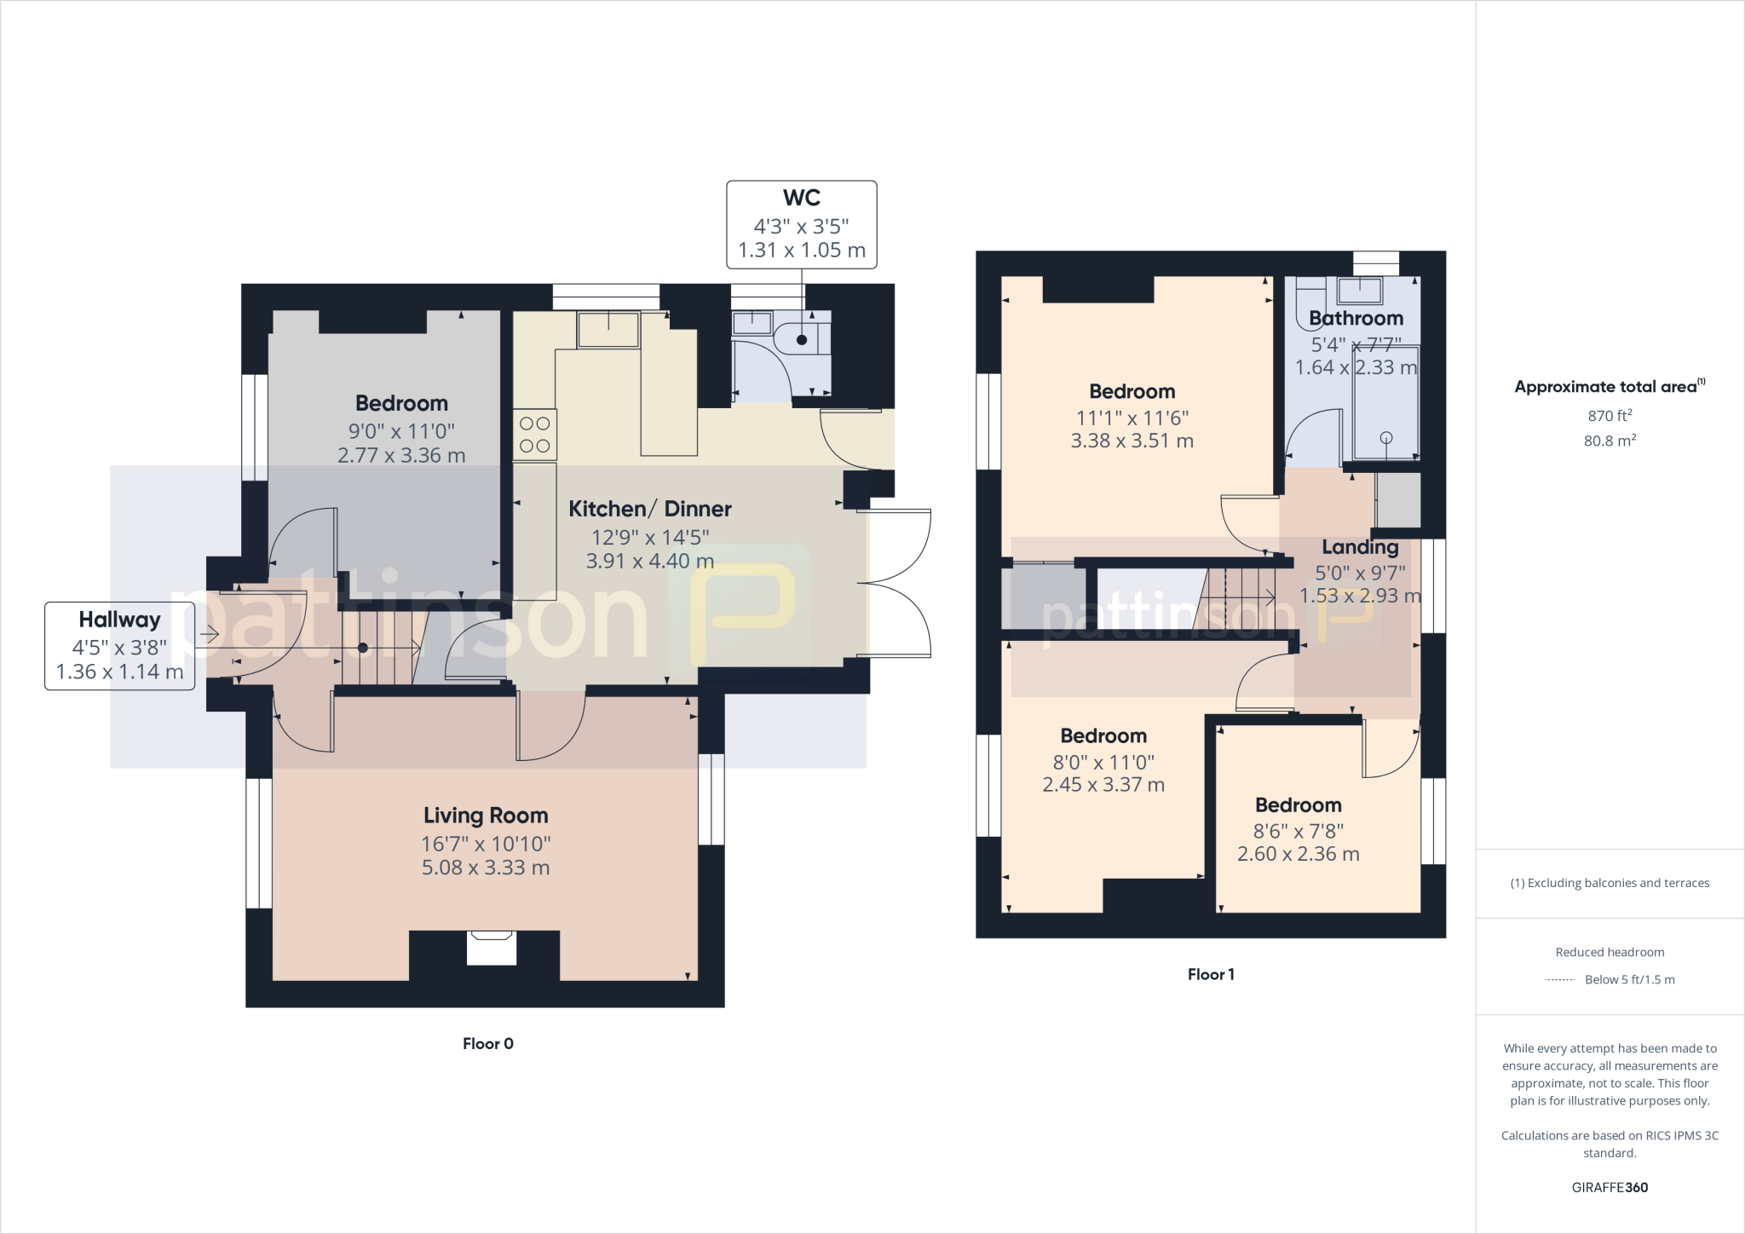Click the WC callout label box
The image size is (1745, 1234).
click(x=801, y=224)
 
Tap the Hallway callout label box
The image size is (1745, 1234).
click(x=119, y=645)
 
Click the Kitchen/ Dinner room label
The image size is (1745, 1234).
click(x=649, y=509)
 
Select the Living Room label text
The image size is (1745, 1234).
click(x=486, y=816)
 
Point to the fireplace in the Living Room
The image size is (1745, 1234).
click(x=492, y=948)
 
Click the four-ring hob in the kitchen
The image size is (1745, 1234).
click(x=534, y=435)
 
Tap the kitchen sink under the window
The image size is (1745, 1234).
click(x=608, y=330)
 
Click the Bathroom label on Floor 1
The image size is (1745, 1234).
click(x=1356, y=319)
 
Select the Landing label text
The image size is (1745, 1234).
click(x=1360, y=547)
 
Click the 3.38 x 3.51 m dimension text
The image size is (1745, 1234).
click(x=1132, y=441)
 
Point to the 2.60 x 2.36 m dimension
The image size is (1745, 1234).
click(x=1298, y=854)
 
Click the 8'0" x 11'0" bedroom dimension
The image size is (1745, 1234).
click(x=1103, y=762)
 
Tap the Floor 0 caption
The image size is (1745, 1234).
click(x=487, y=1044)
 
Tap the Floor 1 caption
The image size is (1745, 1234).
click(x=1210, y=975)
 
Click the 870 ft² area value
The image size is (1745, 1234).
click(x=1609, y=416)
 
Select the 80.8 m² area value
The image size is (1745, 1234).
click(x=1609, y=441)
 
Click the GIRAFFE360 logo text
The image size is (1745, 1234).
click(x=1609, y=1187)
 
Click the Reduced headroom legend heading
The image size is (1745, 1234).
click(x=1609, y=953)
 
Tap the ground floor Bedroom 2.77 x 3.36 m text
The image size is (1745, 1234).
click(x=401, y=456)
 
